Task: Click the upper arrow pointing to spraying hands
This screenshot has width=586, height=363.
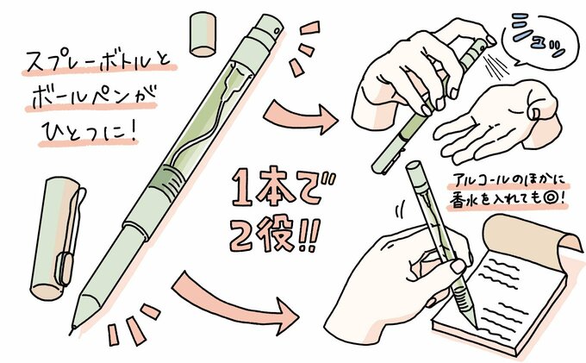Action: pyautogui.click(x=298, y=111)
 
